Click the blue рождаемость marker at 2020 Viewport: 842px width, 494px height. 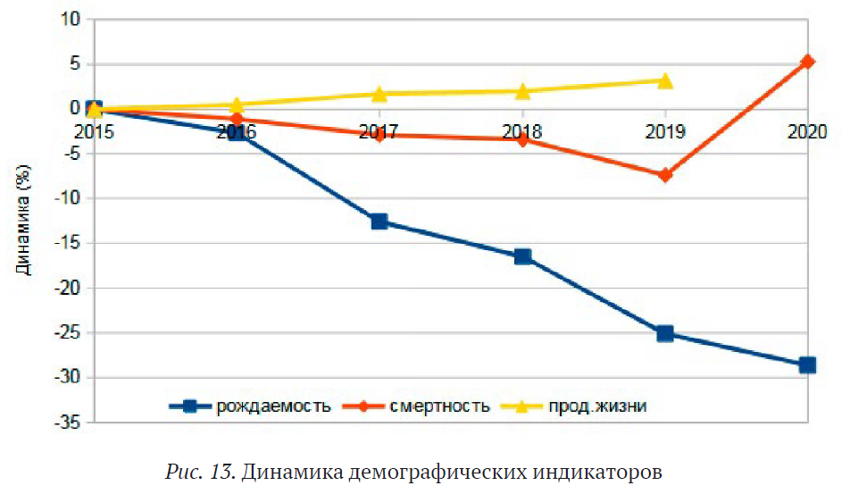pyautogui.click(x=807, y=364)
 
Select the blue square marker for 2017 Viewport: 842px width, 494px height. pyautogui.click(x=379, y=221)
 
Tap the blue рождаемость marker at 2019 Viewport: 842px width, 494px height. pyautogui.click(x=664, y=333)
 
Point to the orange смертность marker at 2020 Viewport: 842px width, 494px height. pyautogui.click(x=807, y=62)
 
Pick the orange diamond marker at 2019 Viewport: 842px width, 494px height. pyautogui.click(x=664, y=174)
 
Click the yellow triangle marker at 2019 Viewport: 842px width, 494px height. pyautogui.click(x=664, y=81)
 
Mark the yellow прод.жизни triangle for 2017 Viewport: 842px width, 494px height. pyautogui.click(x=379, y=94)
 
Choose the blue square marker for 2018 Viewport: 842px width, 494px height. pyautogui.click(x=522, y=256)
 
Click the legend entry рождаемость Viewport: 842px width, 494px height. pyautogui.click(x=273, y=406)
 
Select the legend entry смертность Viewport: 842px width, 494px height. pyautogui.click(x=439, y=406)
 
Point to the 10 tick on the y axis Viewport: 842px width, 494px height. pyautogui.click(x=71, y=19)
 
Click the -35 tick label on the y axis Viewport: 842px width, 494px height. pyautogui.click(x=68, y=423)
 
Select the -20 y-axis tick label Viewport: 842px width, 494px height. pyautogui.click(x=68, y=289)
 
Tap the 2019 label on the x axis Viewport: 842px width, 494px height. pyautogui.click(x=664, y=131)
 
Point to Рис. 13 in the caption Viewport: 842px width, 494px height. pyautogui.click(x=201, y=471)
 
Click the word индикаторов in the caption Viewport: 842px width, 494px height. pyautogui.click(x=607, y=471)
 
